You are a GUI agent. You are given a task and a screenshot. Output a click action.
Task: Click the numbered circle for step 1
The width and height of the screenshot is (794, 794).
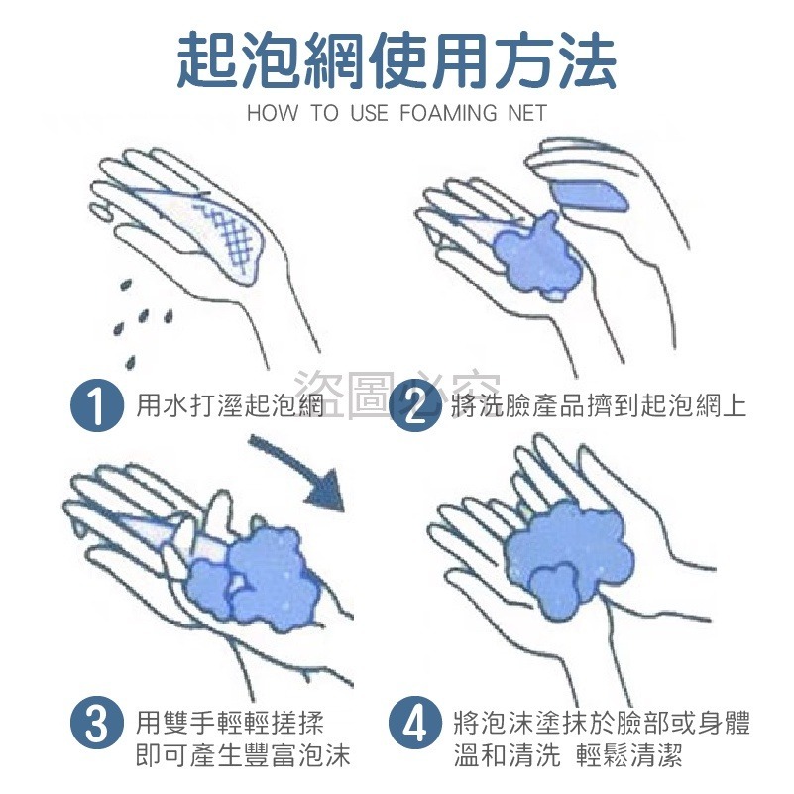97,405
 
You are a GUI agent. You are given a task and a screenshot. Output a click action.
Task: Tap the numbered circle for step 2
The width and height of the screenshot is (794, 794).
415,405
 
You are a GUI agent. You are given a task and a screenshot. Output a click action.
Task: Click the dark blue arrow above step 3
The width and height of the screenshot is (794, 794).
298,474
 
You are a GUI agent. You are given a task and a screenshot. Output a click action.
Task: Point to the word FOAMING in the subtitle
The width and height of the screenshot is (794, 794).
448,112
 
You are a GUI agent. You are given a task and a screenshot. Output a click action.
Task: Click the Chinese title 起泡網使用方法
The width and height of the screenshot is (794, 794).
397,59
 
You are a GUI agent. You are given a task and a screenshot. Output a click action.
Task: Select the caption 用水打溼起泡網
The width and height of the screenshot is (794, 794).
230,405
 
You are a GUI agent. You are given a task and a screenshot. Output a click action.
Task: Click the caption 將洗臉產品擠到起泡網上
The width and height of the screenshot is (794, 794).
599,405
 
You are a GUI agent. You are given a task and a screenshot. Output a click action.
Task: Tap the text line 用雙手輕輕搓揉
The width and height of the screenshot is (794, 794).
229,722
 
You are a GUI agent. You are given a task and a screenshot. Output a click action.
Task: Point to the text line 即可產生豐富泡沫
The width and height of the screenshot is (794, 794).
243,755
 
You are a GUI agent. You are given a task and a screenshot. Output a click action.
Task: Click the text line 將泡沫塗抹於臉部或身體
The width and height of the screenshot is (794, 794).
602,722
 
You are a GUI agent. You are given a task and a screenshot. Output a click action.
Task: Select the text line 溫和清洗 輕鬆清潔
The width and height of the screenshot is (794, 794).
568,755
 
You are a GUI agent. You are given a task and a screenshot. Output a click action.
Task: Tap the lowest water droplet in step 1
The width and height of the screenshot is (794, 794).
131,362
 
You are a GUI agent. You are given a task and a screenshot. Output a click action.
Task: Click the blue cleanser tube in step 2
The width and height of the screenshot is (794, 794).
589,195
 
